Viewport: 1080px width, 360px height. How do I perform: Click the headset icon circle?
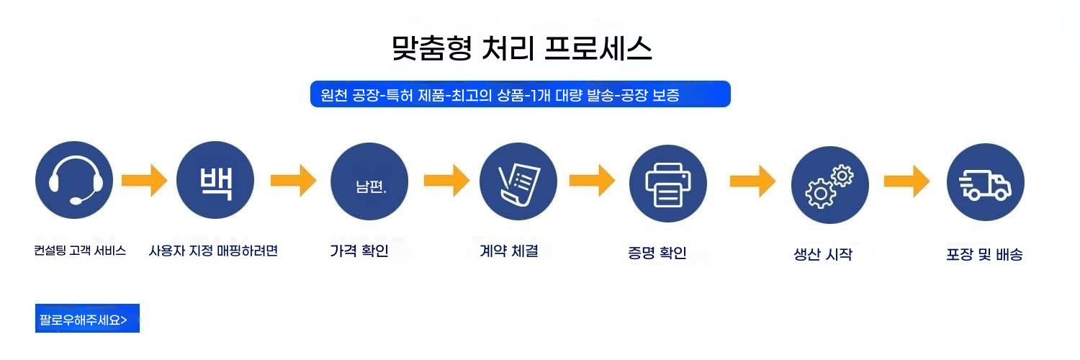click(73, 181)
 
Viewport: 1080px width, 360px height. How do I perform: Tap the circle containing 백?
click(215, 181)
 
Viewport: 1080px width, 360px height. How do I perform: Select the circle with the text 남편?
click(369, 181)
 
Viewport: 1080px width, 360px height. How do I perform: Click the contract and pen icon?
click(518, 181)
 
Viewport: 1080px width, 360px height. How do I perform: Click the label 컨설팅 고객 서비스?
click(80, 251)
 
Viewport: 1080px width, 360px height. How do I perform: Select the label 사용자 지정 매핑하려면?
click(213, 251)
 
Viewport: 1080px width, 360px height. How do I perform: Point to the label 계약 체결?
click(508, 251)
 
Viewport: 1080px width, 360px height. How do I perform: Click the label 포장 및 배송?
click(984, 254)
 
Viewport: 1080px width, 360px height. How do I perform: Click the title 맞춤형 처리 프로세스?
click(522, 48)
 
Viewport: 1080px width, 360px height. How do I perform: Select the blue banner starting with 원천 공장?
click(520, 94)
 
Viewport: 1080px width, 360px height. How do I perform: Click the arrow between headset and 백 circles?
click(144, 181)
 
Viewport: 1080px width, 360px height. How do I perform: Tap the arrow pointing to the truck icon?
click(907, 181)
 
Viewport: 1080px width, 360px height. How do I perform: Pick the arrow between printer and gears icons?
click(752, 181)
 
